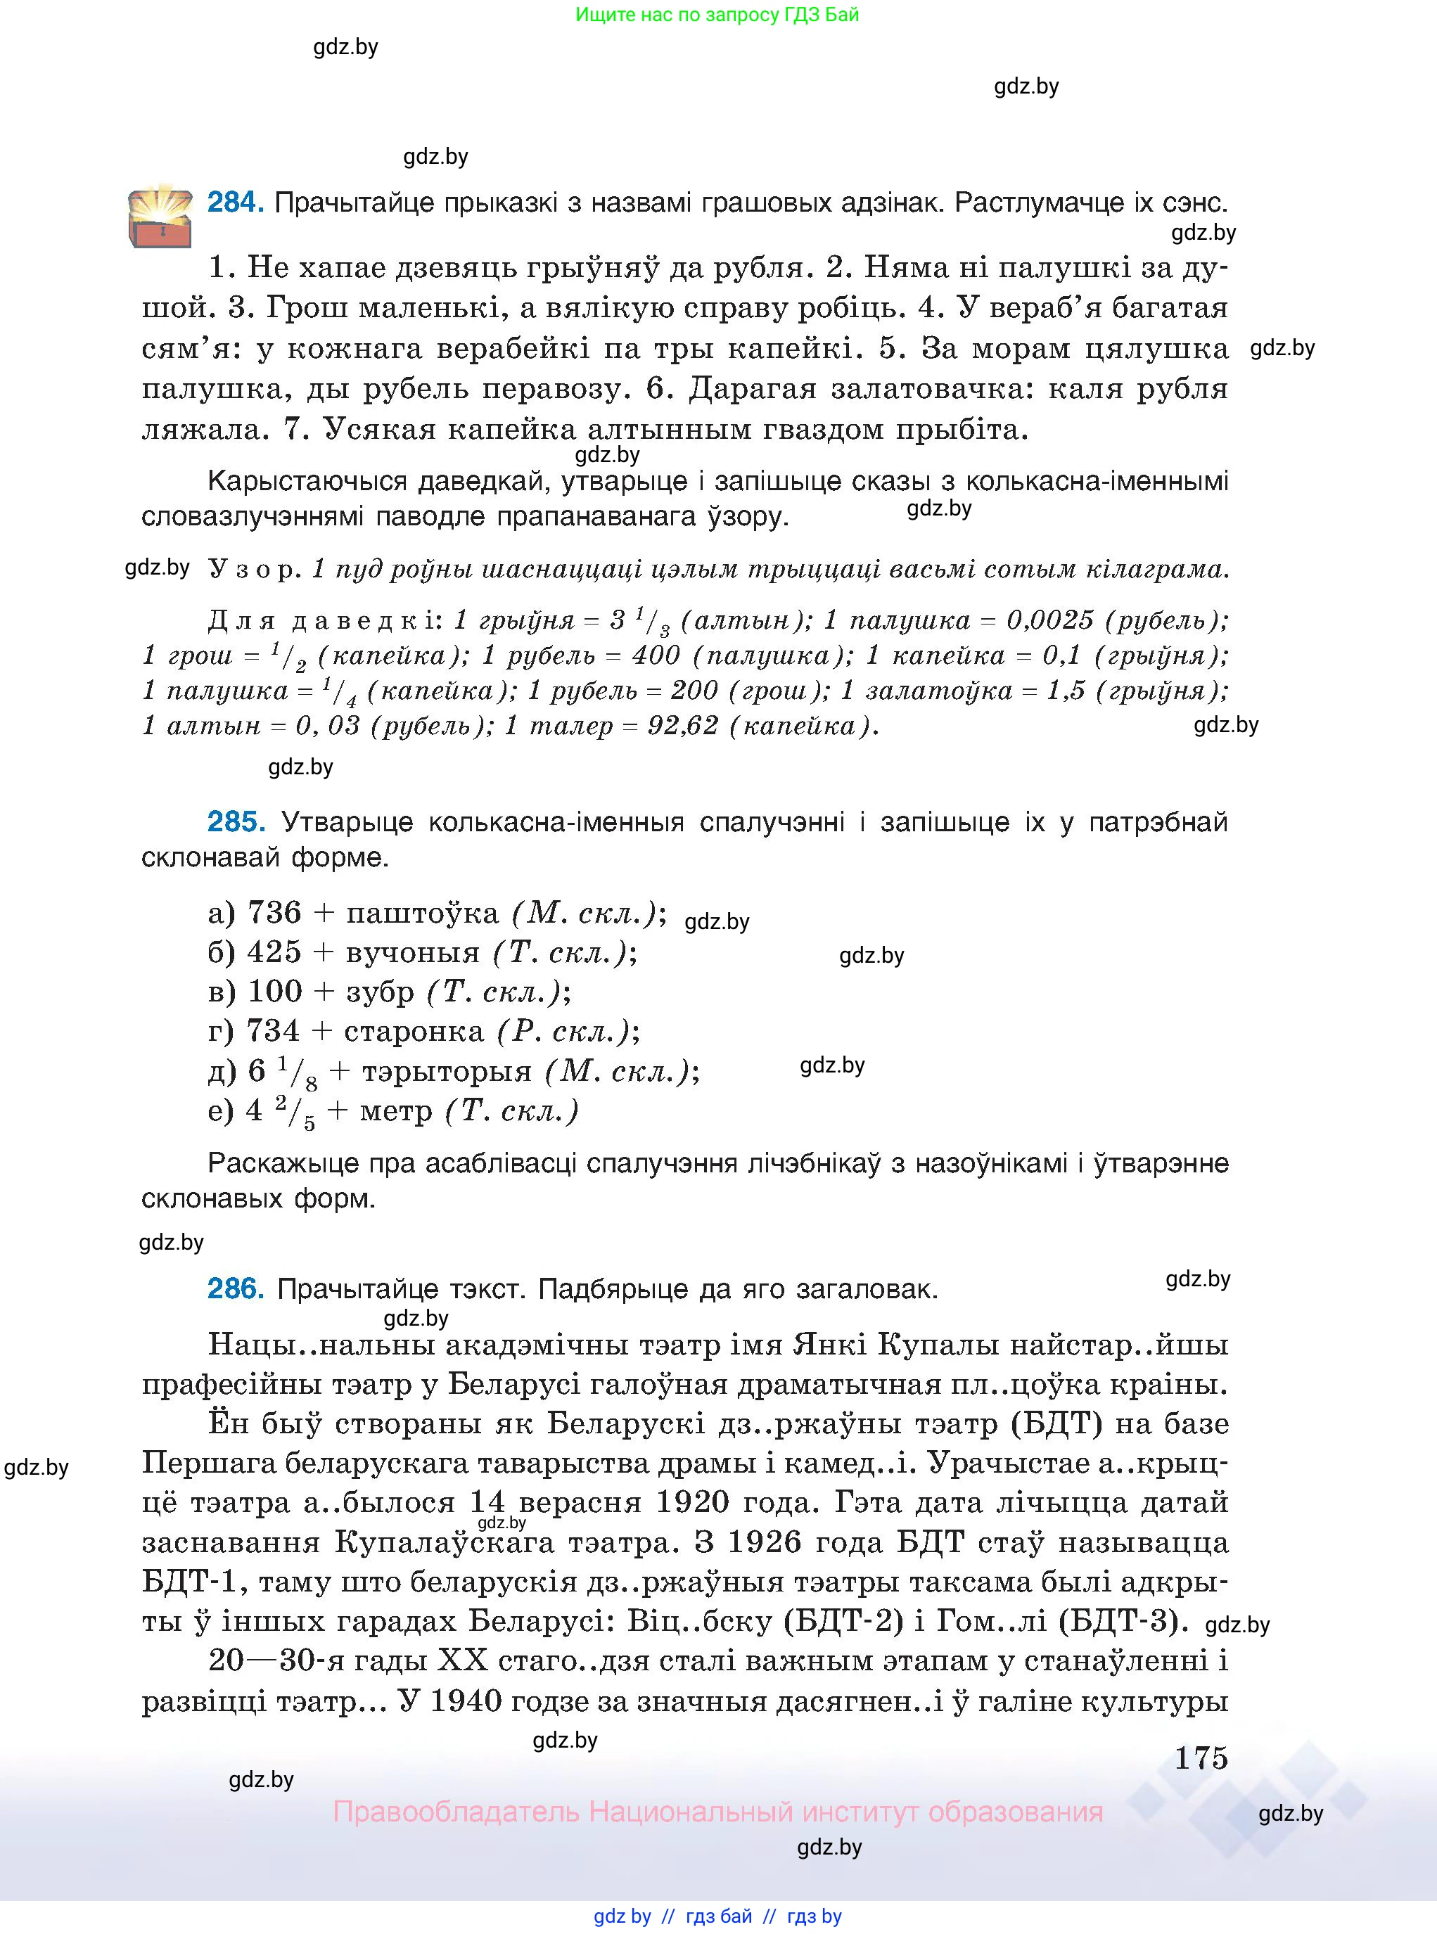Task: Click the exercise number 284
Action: tap(235, 203)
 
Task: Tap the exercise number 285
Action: tap(235, 822)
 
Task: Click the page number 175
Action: tap(1201, 1758)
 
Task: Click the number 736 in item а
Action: tap(274, 913)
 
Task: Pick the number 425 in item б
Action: tap(274, 952)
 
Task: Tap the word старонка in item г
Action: tap(414, 1032)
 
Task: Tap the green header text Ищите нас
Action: tap(717, 15)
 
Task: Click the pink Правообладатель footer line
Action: tap(717, 1812)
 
